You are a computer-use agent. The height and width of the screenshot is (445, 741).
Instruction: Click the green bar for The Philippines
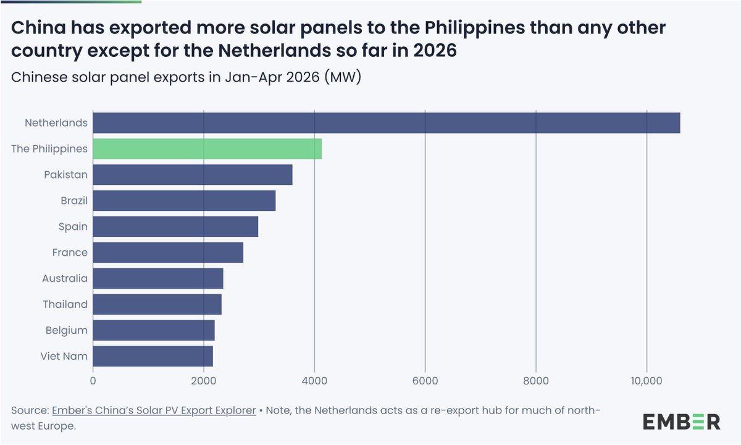[207, 149]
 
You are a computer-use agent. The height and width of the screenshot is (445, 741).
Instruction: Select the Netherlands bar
[387, 123]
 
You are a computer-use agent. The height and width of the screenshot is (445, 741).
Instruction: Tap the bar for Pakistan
[193, 174]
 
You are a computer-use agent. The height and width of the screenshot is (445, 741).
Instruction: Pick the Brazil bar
[184, 200]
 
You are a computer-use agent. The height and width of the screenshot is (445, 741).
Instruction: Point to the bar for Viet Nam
[153, 356]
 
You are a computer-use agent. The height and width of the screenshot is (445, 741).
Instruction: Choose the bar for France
[168, 252]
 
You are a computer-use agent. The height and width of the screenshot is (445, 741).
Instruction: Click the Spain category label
[73, 227]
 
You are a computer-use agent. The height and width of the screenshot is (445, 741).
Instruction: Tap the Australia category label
[65, 279]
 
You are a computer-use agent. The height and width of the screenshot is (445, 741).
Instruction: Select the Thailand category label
[65, 304]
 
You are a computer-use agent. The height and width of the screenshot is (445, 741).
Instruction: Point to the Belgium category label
[67, 331]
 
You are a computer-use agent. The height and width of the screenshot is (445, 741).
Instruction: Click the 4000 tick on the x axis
[314, 381]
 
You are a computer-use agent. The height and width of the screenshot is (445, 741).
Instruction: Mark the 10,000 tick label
[647, 381]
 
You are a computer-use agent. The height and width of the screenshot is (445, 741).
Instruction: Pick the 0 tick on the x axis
[93, 381]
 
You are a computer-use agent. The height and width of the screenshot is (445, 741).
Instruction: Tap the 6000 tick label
[425, 381]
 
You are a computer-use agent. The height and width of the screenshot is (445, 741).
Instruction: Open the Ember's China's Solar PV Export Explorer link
[154, 410]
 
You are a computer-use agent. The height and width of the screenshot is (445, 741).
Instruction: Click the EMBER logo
[682, 422]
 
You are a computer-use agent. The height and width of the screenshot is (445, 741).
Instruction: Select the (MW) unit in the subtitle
[343, 77]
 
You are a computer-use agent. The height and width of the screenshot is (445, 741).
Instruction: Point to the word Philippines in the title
[475, 28]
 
